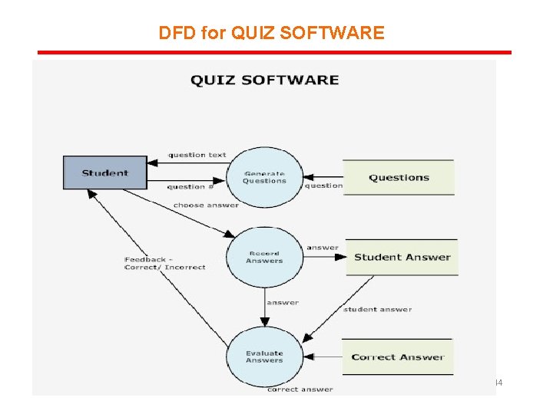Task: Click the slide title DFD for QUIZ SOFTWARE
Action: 271,33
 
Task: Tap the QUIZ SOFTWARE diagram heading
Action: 264,80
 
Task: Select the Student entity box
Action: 104,172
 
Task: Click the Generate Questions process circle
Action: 264,177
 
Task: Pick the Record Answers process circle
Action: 264,257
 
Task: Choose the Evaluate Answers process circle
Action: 264,356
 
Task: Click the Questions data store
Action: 399,178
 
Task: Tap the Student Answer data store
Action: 402,257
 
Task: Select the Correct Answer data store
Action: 397,356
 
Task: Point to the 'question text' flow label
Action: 197,155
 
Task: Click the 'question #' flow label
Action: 190,186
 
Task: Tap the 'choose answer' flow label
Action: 206,205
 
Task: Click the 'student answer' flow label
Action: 377,309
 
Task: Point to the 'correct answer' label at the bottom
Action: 300,389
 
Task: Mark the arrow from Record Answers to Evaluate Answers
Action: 264,307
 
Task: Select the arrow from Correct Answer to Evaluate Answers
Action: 323,356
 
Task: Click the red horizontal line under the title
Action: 274,53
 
